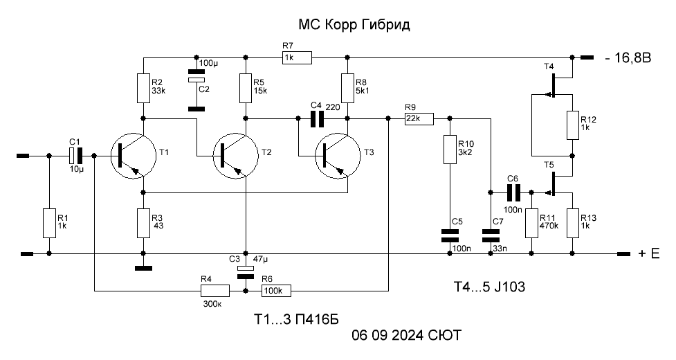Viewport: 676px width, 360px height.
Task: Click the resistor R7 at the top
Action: (x=297, y=57)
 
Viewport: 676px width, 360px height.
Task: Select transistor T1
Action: (x=133, y=155)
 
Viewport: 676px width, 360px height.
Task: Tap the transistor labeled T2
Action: (x=235, y=155)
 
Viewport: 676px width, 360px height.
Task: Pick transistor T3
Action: (x=338, y=155)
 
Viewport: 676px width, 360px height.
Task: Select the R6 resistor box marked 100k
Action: (x=276, y=291)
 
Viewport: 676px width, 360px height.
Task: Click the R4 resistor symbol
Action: (x=215, y=291)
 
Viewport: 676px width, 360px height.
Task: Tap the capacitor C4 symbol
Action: (x=318, y=118)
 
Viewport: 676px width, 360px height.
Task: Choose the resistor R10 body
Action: (x=450, y=150)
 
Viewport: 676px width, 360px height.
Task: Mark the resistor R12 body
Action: (x=572, y=125)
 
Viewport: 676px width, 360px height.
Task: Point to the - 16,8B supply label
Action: (x=628, y=57)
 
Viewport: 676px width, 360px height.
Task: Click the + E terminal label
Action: (x=649, y=253)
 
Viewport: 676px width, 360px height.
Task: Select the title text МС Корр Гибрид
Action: (x=354, y=24)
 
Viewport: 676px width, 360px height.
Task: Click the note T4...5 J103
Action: (x=489, y=287)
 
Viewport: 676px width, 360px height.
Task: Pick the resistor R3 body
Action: (x=143, y=223)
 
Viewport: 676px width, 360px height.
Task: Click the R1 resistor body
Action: (x=49, y=223)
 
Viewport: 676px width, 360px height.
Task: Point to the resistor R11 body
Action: (x=531, y=223)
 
